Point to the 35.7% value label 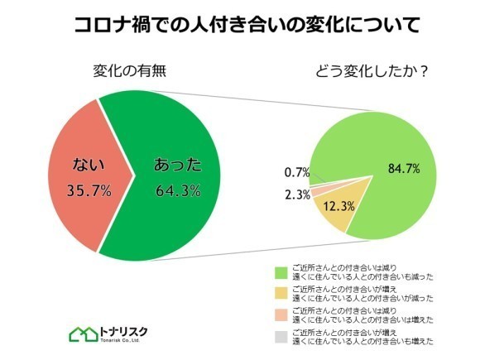pyautogui.click(x=89, y=191)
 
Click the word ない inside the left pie pyautogui.click(x=89, y=164)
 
